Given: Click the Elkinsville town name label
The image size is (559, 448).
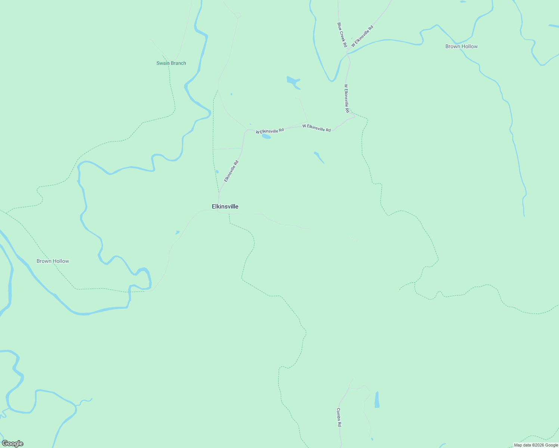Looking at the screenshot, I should (225, 206).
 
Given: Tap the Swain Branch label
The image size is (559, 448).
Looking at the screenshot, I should (171, 63).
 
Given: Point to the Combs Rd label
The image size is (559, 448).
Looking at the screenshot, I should (339, 417).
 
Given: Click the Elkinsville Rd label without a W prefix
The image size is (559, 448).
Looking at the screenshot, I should (231, 171).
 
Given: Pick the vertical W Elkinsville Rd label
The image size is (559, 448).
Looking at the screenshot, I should (346, 98).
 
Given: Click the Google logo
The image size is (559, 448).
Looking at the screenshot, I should (12, 444).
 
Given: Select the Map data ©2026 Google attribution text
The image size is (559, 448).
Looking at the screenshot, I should (536, 445).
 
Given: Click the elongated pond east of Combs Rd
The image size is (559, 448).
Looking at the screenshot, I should (377, 400).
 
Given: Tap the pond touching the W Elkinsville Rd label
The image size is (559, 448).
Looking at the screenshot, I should (266, 136).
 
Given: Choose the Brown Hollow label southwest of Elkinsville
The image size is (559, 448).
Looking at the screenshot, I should (53, 261).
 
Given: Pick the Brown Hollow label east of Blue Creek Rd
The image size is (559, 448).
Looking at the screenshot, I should (461, 46).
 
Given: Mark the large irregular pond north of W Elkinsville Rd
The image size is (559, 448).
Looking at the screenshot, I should (293, 82).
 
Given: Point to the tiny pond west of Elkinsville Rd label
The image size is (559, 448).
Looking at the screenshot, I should (217, 172).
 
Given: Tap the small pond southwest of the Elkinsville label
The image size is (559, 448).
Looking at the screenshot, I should (177, 232).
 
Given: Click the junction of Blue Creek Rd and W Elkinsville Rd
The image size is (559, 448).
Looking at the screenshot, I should (348, 52).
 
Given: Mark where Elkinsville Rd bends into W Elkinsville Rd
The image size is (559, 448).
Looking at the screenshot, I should (247, 130).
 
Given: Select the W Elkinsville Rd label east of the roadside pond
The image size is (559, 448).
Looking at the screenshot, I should (316, 128).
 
